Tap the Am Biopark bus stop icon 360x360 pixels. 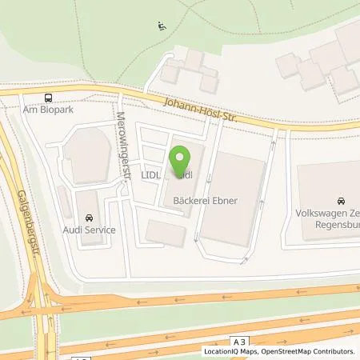49,98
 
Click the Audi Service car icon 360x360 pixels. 88,216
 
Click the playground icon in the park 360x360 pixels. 161,25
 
